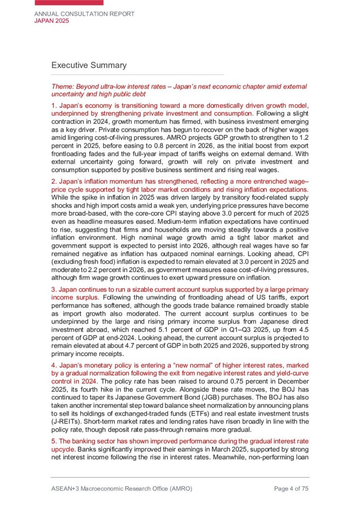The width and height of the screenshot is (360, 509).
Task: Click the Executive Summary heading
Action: pyautogui.click(x=89, y=65)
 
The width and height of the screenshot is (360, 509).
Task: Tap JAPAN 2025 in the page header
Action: pyautogui.click(x=51, y=21)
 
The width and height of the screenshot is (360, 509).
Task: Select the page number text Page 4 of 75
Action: pyautogui.click(x=291, y=489)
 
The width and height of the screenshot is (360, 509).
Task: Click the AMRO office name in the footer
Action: pyautogui.click(x=122, y=489)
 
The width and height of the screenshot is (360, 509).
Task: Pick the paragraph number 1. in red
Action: pyautogui.click(x=55, y=106)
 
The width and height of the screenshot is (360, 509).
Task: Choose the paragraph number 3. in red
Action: pyautogui.click(x=55, y=289)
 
